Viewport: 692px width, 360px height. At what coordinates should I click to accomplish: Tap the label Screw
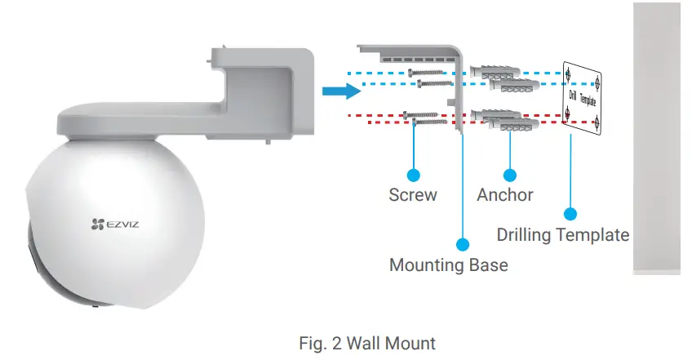[x=413, y=195]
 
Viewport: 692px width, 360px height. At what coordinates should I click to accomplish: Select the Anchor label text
[x=505, y=195]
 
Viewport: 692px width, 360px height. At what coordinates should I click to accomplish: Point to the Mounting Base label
[x=448, y=265]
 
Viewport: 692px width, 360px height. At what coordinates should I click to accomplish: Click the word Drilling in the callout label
[x=524, y=235]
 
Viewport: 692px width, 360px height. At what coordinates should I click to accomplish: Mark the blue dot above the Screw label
[x=414, y=174]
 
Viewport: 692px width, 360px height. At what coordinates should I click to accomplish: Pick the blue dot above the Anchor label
[x=511, y=174]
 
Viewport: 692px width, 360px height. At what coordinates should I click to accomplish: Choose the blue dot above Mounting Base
[x=463, y=243]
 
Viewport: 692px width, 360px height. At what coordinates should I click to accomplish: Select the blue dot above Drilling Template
[x=570, y=214]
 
